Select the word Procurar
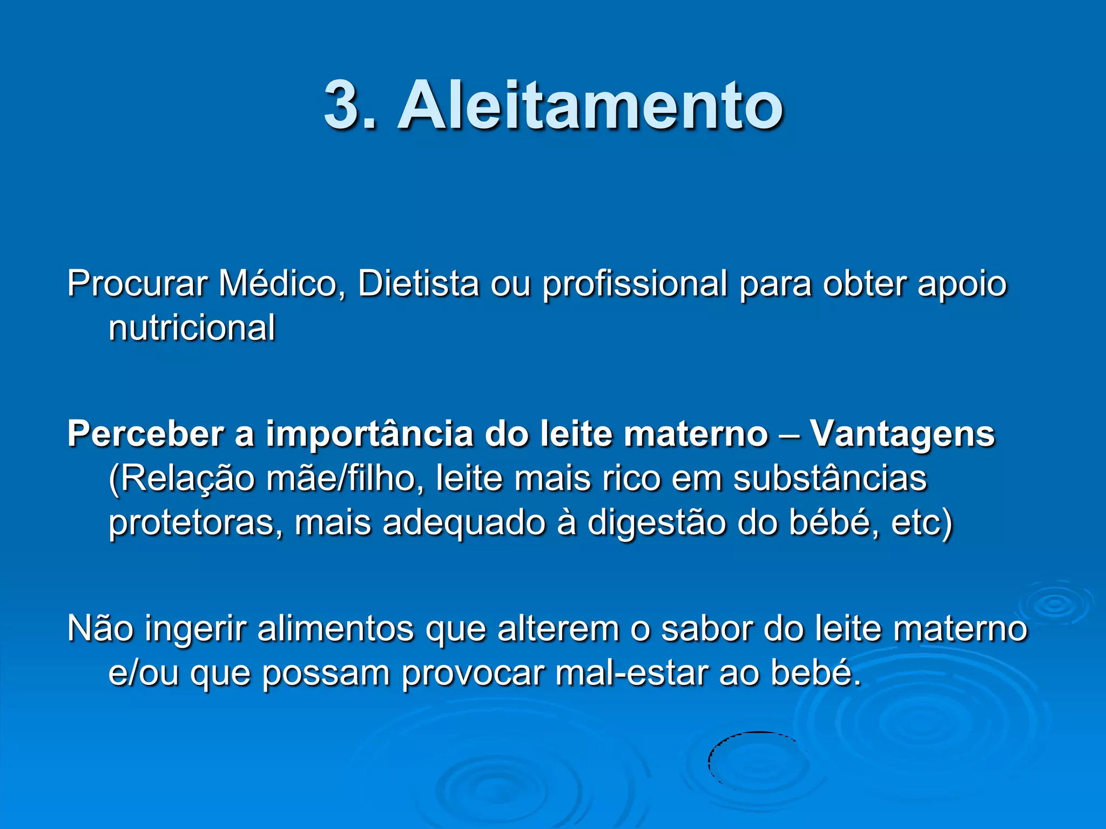(x=137, y=284)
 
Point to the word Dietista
(x=418, y=284)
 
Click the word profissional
(x=635, y=284)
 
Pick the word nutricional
(x=192, y=328)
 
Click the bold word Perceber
(x=145, y=434)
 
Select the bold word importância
(x=369, y=434)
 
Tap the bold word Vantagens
(x=902, y=434)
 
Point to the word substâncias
(x=829, y=479)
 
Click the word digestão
(x=656, y=523)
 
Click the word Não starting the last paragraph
(x=100, y=629)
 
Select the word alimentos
(x=335, y=629)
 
